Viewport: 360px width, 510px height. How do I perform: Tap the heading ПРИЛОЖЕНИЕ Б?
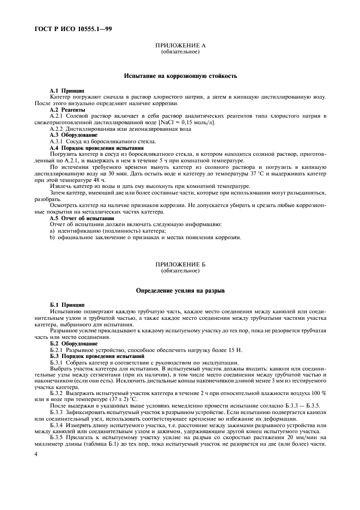180,264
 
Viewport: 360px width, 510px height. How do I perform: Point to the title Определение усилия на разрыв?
180,292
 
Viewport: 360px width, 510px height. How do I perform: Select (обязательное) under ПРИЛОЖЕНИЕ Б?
180,270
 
